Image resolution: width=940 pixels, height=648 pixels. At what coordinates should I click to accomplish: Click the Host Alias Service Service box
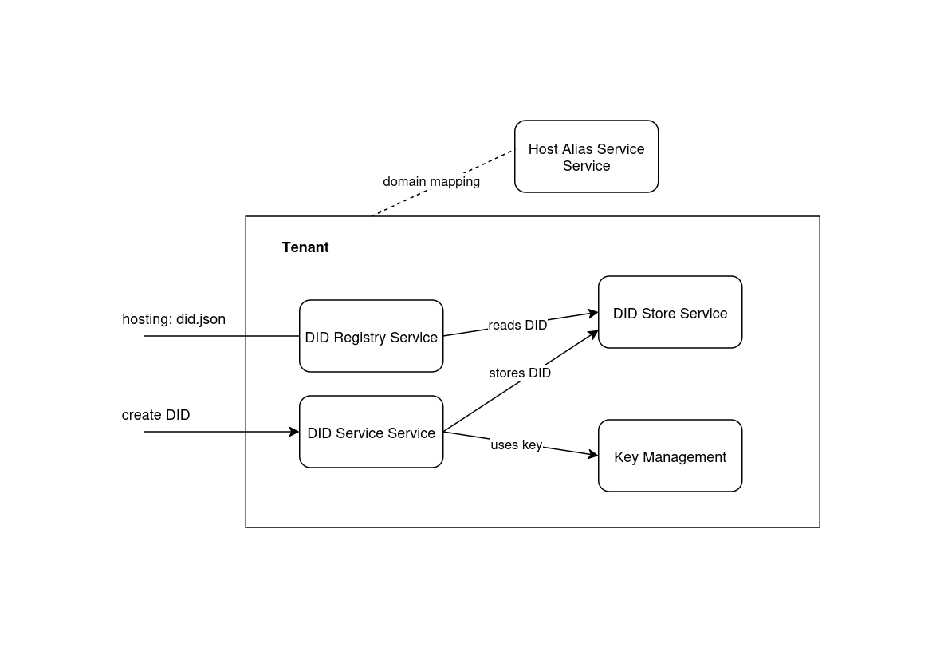coord(586,156)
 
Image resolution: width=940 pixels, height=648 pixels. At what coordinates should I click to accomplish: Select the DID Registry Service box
coord(371,336)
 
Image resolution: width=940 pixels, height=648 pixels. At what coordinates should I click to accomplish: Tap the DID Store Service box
coord(670,312)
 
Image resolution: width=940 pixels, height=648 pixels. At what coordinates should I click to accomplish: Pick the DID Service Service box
coord(371,432)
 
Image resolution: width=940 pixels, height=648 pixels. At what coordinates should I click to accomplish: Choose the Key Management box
coord(670,456)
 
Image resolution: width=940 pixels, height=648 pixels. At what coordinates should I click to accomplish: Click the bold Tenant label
coord(305,247)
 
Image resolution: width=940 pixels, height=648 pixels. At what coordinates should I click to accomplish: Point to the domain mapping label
coord(431,182)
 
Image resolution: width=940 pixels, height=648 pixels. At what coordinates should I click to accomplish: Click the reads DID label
coord(517,326)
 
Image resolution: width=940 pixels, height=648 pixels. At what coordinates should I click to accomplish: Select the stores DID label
coord(520,373)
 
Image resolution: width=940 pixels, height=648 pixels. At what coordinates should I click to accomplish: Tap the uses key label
coord(516,445)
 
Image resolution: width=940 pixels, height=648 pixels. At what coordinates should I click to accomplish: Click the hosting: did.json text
coord(174,319)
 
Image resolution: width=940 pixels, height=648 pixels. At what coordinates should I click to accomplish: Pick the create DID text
coord(155,415)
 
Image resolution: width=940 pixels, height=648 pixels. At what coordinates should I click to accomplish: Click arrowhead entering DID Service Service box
coord(295,432)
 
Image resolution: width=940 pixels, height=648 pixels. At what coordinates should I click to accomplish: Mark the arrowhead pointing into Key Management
coord(594,455)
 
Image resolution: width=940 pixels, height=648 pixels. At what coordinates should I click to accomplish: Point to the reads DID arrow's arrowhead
coord(594,314)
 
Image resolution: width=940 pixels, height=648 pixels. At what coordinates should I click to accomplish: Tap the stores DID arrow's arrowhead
coord(594,333)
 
